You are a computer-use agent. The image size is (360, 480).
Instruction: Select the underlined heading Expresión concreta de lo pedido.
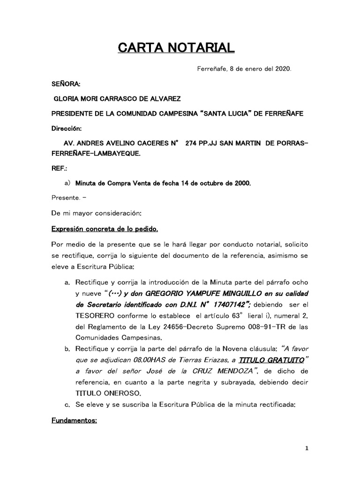105,229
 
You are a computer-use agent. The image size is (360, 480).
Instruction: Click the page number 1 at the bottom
307,449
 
